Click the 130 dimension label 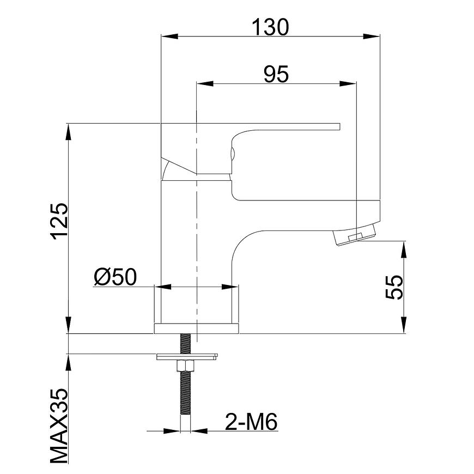[270, 27]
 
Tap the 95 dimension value [276, 74]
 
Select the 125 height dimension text [59, 221]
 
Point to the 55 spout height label [394, 287]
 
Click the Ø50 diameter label [115, 277]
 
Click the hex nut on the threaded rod [185, 366]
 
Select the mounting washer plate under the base [187, 357]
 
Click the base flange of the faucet [197, 329]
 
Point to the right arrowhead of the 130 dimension [371, 37]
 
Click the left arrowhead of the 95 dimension [205, 84]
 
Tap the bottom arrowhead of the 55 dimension [404, 325]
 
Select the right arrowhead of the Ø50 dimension [230, 287]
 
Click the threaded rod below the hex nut [185, 393]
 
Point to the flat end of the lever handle [340, 126]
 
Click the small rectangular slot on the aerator [355, 238]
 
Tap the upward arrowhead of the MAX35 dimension [69, 362]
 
